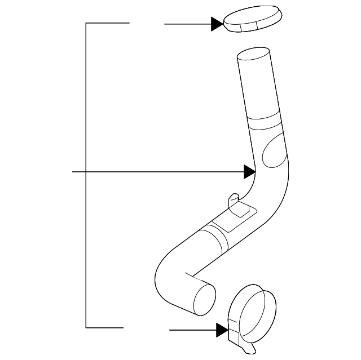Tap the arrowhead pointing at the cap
(x=217, y=24)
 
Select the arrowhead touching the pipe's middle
(x=250, y=171)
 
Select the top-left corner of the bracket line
(x=86, y=23)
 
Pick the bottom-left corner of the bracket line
(x=86, y=327)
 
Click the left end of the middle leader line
(x=74, y=171)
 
